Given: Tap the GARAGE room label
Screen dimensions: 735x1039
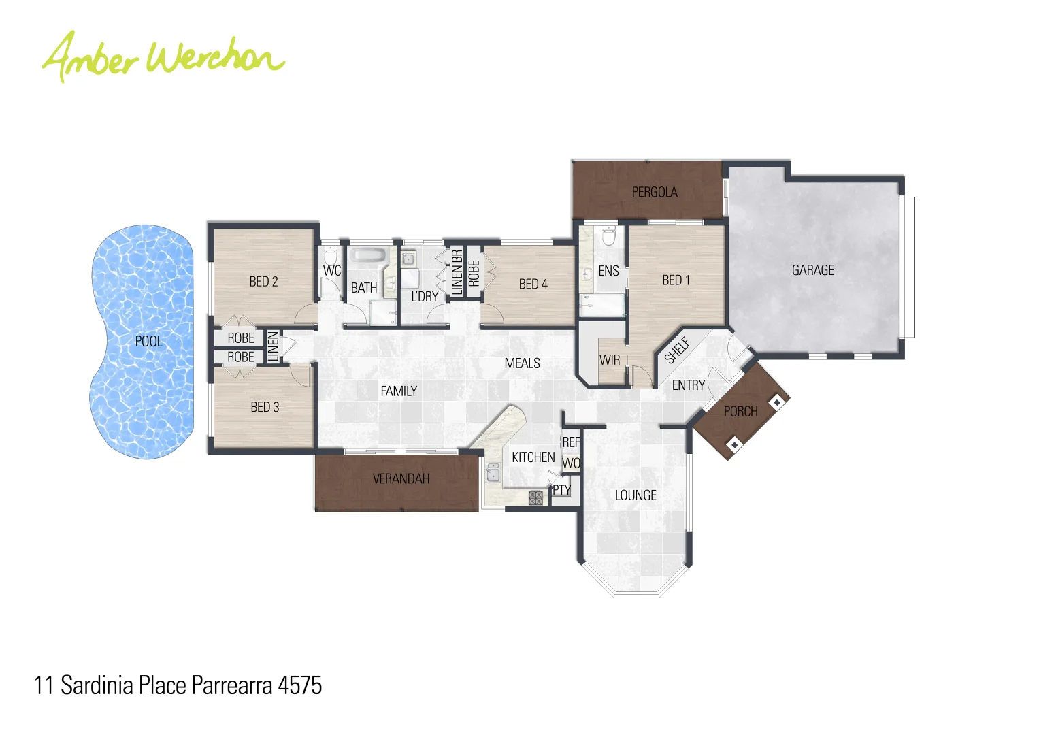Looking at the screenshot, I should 812,270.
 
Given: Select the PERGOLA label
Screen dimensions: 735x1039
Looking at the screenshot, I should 654,192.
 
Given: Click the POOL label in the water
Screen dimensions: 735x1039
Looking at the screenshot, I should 148,341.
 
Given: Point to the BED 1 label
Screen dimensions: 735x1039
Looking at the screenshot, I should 676,280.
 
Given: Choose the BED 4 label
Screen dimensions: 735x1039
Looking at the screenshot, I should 533,284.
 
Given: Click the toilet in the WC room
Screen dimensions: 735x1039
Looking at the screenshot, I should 331,257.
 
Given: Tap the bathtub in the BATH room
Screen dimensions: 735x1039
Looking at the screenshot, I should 368,257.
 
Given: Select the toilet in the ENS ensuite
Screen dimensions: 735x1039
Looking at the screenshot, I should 608,236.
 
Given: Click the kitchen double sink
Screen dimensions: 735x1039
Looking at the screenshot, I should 493,472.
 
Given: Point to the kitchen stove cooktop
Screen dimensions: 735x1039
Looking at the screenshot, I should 535,497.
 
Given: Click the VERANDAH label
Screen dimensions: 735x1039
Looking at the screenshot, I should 401,478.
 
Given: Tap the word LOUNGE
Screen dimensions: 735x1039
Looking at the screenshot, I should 636,495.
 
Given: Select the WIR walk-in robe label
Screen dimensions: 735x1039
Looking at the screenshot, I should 610,359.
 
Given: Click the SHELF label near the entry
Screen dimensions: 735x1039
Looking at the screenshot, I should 678,350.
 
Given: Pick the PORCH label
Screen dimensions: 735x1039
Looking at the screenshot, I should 740,411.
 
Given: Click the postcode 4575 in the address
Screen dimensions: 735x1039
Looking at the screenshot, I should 299,685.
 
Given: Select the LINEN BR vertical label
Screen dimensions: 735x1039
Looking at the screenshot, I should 457,272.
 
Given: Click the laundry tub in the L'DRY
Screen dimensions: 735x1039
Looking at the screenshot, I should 408,259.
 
